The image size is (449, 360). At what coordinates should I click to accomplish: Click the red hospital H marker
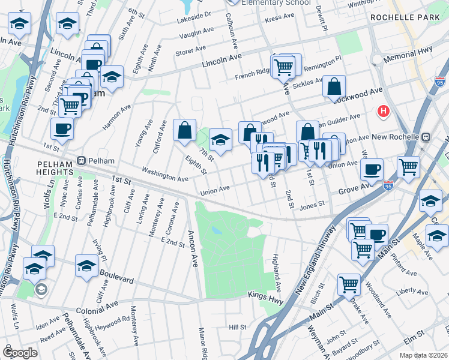[382, 112]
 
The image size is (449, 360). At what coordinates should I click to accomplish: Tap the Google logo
[20, 353]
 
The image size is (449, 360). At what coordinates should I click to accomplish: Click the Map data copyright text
[423, 354]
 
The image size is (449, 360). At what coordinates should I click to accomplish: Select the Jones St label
[312, 205]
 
